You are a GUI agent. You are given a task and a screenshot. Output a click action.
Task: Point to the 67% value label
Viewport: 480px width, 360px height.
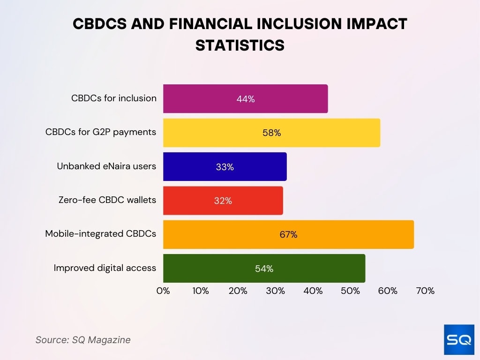[x=288, y=234]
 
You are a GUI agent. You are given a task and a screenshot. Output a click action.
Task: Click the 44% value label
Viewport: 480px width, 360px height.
[x=245, y=99]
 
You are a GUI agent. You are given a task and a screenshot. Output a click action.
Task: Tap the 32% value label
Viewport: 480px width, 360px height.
[x=223, y=201]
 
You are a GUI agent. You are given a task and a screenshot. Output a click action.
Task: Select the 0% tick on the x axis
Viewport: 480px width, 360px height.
[x=163, y=291]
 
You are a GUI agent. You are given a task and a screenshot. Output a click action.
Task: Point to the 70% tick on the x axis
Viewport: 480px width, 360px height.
[x=425, y=291]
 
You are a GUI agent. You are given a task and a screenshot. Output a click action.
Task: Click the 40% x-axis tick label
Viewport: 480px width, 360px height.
[x=313, y=291]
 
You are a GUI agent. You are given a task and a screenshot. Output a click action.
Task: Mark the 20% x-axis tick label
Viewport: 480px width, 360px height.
[x=238, y=291]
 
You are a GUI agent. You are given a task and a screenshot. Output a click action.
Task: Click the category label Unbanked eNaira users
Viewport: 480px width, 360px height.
[x=106, y=166]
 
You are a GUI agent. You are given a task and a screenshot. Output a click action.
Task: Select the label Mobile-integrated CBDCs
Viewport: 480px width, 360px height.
[x=100, y=234]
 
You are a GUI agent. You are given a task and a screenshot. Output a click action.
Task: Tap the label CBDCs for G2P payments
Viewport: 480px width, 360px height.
[x=100, y=132]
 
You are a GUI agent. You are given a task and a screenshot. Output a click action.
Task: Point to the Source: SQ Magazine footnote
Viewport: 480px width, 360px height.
[x=83, y=340]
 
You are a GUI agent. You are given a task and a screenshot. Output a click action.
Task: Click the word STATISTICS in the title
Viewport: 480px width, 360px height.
[x=240, y=45]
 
